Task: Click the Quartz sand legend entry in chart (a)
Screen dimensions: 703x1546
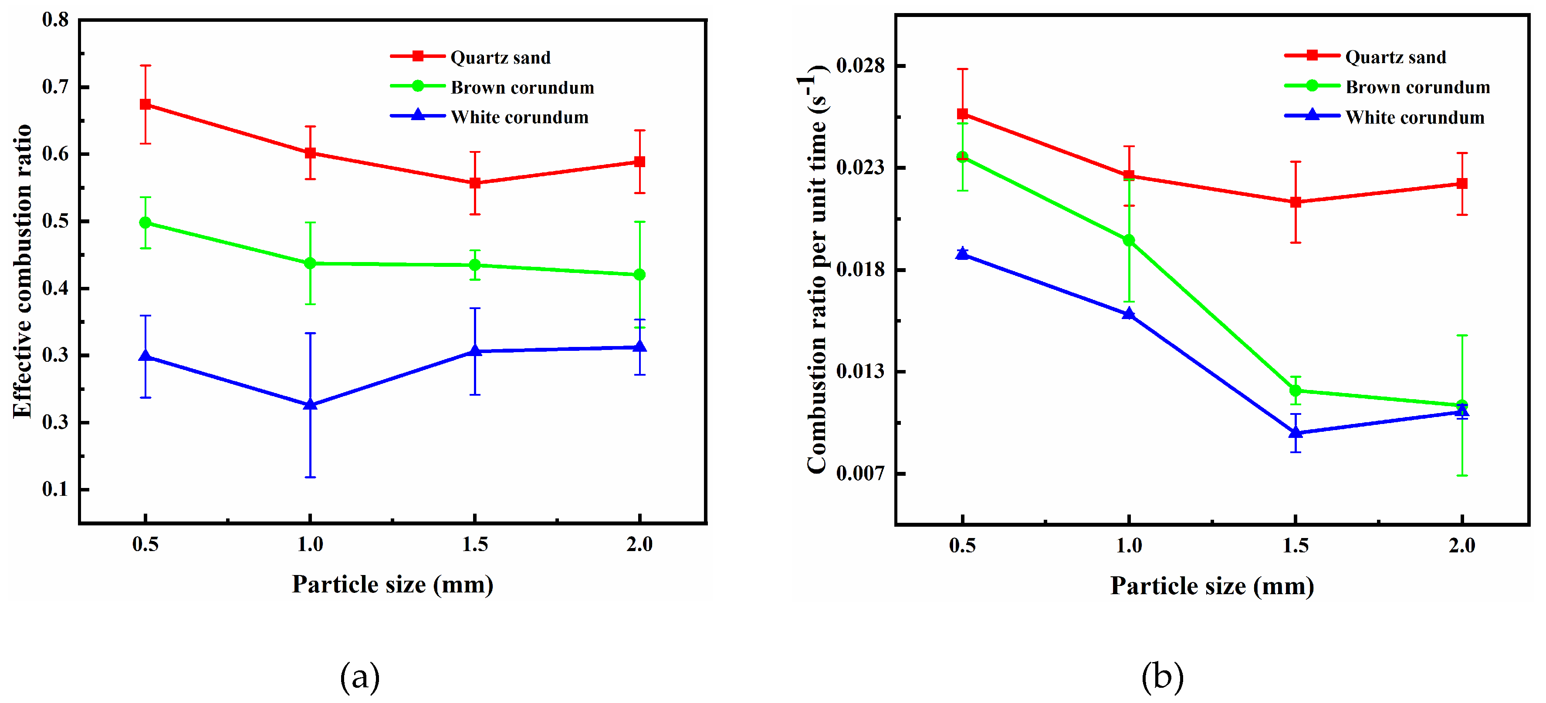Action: (x=500, y=57)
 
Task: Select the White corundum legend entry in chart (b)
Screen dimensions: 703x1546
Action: (x=1414, y=118)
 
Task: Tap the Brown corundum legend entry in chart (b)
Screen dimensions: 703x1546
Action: (x=1417, y=87)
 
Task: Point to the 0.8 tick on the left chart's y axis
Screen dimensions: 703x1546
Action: (x=55, y=20)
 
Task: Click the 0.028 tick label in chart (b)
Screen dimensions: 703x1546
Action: (x=860, y=65)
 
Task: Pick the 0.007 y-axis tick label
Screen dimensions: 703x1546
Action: (x=860, y=473)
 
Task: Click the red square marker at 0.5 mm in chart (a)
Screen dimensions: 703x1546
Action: (x=145, y=104)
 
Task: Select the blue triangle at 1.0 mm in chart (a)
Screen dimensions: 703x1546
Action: (x=310, y=405)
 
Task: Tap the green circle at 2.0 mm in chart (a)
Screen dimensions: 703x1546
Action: (x=640, y=275)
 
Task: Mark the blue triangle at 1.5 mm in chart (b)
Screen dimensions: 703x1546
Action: (x=1296, y=433)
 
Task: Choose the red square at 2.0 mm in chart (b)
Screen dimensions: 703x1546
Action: (x=1462, y=184)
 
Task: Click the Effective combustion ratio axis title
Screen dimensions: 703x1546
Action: (x=22, y=271)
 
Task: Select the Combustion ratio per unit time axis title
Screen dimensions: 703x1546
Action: (x=816, y=270)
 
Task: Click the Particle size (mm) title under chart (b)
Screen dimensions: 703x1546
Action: (x=1212, y=586)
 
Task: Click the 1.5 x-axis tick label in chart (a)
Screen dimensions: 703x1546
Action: (x=475, y=544)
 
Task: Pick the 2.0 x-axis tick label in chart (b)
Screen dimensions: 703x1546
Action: (x=1462, y=545)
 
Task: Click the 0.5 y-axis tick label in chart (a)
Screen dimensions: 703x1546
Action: (x=55, y=221)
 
